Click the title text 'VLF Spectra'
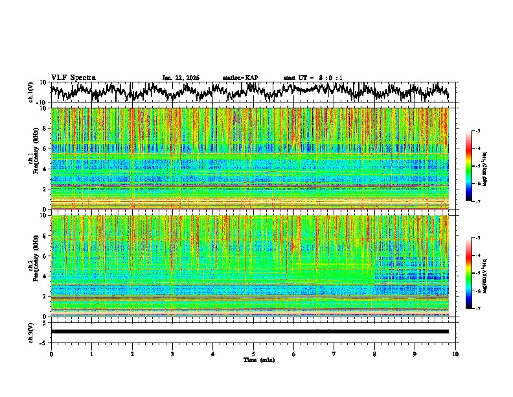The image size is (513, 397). tap(73, 77)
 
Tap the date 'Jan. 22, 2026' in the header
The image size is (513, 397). tap(181, 78)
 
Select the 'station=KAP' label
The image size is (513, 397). tap(240, 78)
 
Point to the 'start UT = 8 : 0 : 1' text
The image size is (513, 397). tap(313, 78)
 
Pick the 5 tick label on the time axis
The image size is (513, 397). tap(253, 354)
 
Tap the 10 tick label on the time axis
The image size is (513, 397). tap(455, 354)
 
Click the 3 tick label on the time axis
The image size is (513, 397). tap(172, 354)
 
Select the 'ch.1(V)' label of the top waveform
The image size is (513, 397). tap(31, 92)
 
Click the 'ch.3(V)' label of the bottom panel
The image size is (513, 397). tap(31, 331)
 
